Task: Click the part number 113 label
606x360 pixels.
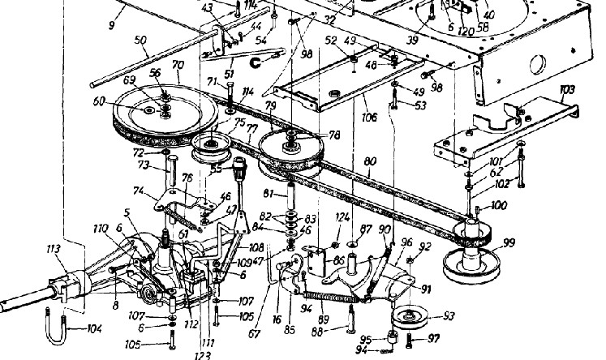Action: pos(55,250)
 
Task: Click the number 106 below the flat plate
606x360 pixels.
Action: pos(368,117)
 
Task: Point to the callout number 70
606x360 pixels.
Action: pos(178,63)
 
